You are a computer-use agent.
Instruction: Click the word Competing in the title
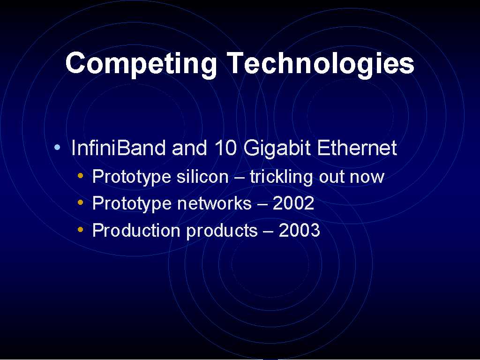coord(141,64)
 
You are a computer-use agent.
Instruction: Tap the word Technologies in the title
coord(321,64)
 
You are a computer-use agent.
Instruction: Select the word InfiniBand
coord(118,148)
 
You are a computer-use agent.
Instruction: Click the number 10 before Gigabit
coord(225,148)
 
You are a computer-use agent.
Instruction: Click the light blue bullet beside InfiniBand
coord(57,147)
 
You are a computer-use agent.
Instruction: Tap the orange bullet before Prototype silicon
coord(81,175)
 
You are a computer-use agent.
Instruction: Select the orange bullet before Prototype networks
coord(81,202)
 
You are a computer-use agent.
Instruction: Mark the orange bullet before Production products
coord(81,229)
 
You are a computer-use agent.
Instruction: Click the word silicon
coord(202,176)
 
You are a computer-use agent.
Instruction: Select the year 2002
coord(293,203)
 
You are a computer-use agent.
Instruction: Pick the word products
coord(222,231)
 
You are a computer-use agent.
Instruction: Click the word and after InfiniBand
coord(189,148)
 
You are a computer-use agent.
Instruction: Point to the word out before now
coord(331,177)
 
